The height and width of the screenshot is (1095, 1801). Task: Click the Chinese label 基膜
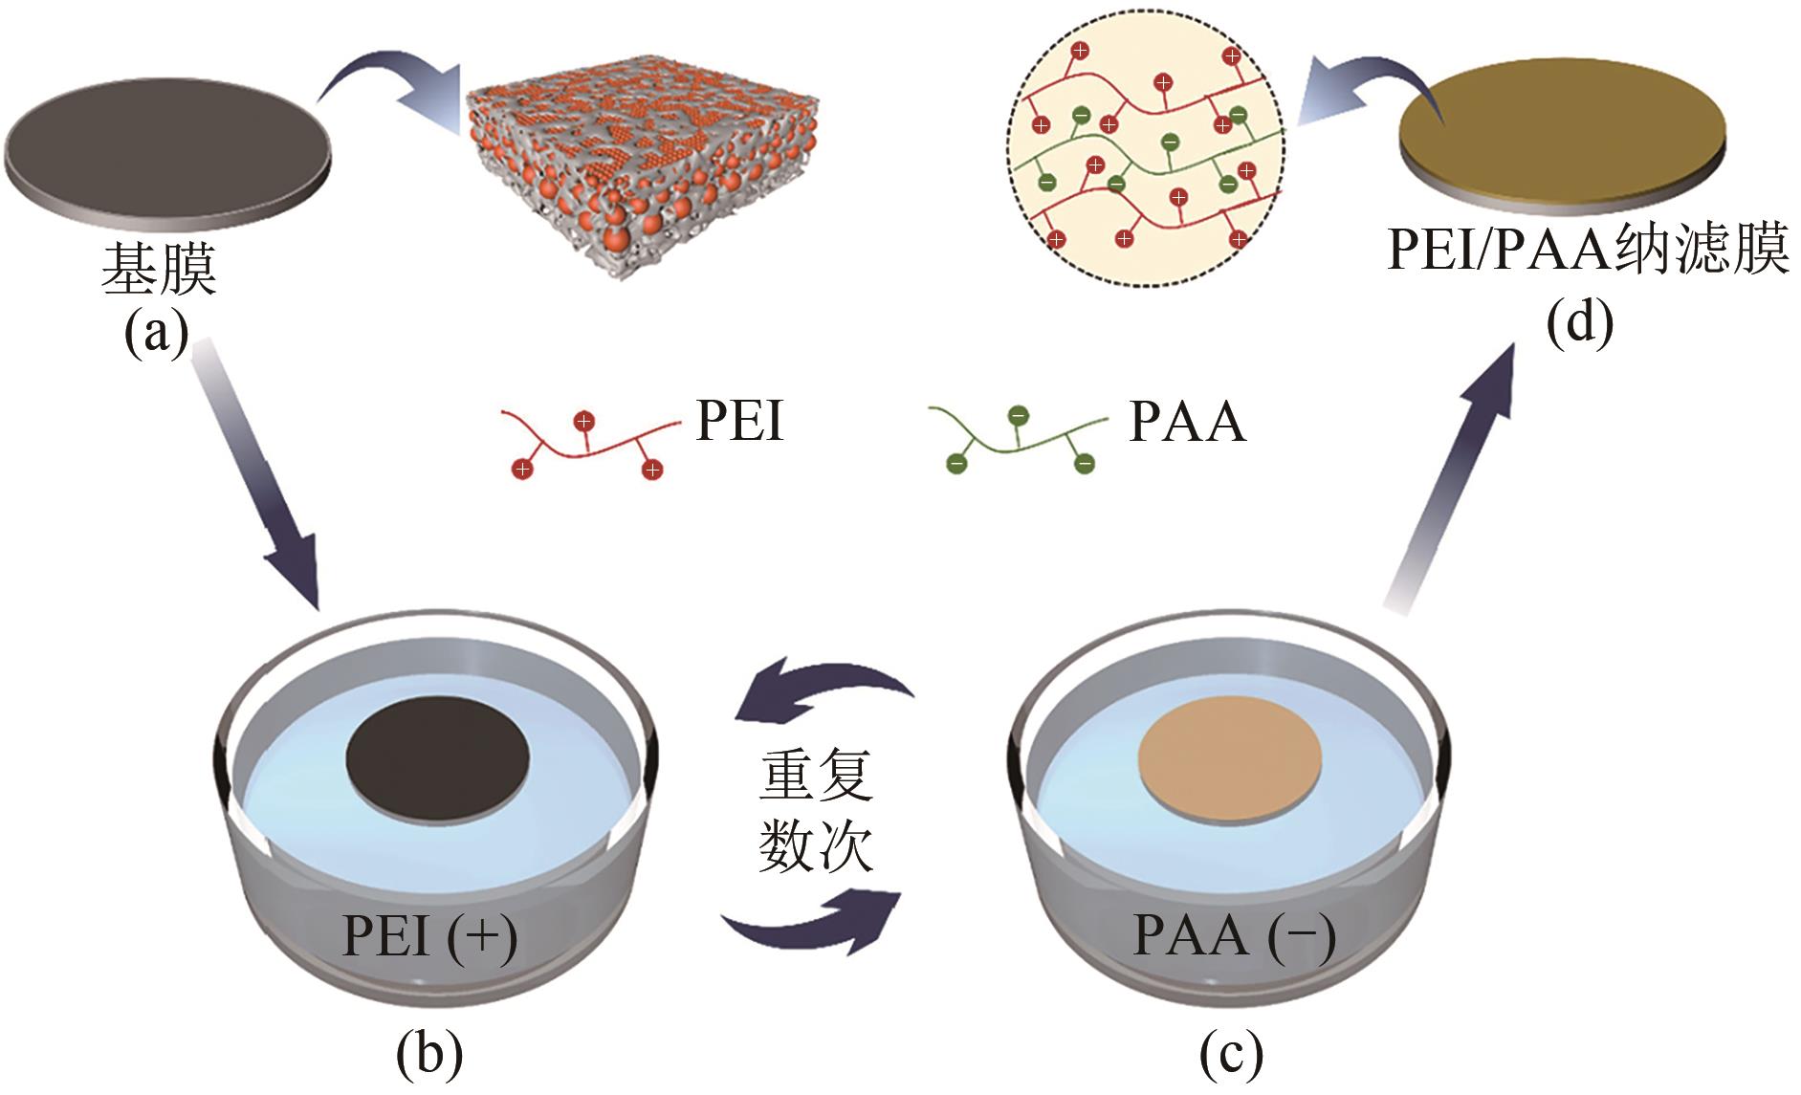point(159,269)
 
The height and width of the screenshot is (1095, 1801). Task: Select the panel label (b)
point(429,1053)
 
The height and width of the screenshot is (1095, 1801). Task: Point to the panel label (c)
point(1231,1053)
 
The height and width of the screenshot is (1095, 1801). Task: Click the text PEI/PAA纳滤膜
point(1588,252)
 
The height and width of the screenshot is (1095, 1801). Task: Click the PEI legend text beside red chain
point(739,421)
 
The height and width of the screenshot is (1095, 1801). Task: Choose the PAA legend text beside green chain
point(1187,422)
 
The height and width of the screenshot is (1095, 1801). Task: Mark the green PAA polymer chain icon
point(1019,440)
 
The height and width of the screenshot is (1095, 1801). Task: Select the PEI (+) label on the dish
point(429,934)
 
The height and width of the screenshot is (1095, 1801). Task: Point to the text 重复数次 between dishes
point(816,810)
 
